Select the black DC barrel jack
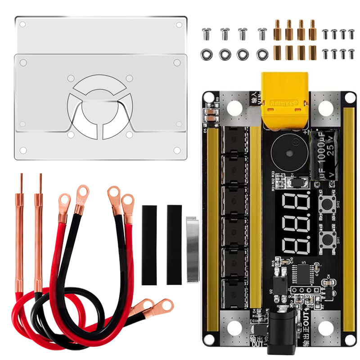pos(282,330)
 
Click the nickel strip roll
pos(193,248)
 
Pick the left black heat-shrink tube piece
pos(149,245)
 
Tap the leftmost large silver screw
pos(207,33)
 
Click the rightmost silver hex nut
pos(262,54)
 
